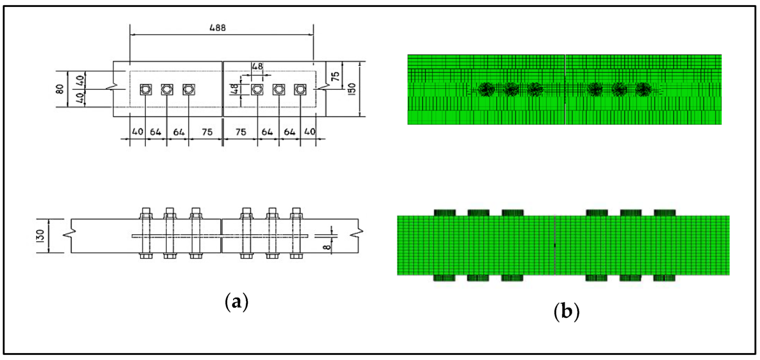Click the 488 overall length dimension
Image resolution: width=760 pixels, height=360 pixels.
pyautogui.click(x=218, y=28)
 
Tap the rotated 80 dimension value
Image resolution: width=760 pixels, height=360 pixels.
pyautogui.click(x=60, y=89)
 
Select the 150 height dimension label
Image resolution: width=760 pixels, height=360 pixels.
pyautogui.click(x=352, y=89)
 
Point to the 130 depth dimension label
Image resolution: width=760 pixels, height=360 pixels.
pyautogui.click(x=40, y=236)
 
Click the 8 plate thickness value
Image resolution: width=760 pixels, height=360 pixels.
pyautogui.click(x=327, y=245)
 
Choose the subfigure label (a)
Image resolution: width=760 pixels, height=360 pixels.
pyautogui.click(x=237, y=301)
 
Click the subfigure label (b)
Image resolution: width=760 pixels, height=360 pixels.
pyautogui.click(x=566, y=311)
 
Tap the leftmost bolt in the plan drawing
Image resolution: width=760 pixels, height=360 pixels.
pyautogui.click(x=146, y=89)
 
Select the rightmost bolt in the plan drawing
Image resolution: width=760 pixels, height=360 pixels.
pyautogui.click(x=300, y=89)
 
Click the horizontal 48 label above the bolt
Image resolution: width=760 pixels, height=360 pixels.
pyautogui.click(x=257, y=66)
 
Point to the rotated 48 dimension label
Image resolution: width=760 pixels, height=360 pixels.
pyautogui.click(x=235, y=89)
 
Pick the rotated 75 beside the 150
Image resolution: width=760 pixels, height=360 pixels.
pyautogui.click(x=336, y=76)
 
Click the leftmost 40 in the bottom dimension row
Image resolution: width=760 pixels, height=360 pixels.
pyautogui.click(x=138, y=132)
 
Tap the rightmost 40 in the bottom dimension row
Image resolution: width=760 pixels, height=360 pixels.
pyautogui.click(x=310, y=132)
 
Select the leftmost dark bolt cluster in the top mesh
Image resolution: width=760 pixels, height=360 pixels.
pyautogui.click(x=486, y=89)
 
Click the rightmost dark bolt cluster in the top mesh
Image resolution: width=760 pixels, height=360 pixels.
pyautogui.click(x=643, y=89)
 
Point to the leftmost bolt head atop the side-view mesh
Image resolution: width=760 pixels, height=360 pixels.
pyautogui.click(x=445, y=213)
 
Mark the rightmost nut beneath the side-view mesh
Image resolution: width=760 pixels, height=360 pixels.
pyautogui.click(x=664, y=278)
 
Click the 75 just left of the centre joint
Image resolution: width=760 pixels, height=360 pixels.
pyautogui.click(x=207, y=132)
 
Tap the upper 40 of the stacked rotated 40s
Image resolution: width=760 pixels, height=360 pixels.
pyautogui.click(x=80, y=80)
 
